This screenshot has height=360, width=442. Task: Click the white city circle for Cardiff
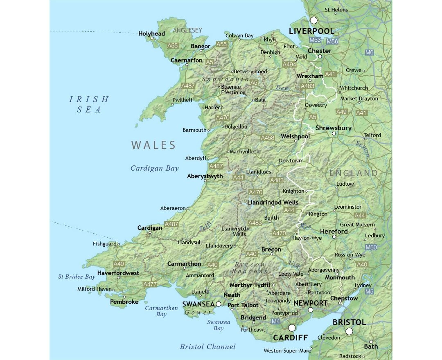pyautogui.click(x=292, y=328)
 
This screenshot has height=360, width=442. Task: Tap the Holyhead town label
pyautogui.click(x=151, y=34)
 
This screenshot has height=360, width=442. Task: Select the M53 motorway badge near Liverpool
pyautogui.click(x=315, y=40)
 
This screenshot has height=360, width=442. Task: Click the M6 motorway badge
pyautogui.click(x=370, y=52)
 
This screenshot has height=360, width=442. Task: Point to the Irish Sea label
pyautogui.click(x=89, y=104)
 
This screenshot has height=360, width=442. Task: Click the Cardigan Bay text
pyautogui.click(x=154, y=168)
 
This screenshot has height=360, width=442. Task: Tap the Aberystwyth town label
pyautogui.click(x=205, y=176)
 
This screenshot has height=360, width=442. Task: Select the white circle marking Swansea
pyautogui.click(x=219, y=304)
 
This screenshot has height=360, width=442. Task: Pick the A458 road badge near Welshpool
pyautogui.click(x=268, y=138)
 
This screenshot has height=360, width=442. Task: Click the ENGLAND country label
pyautogui.click(x=354, y=173)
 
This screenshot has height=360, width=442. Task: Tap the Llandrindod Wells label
pyautogui.click(x=273, y=202)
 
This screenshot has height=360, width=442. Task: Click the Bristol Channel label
pyautogui.click(x=207, y=346)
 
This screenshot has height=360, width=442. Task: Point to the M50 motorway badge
pyautogui.click(x=371, y=248)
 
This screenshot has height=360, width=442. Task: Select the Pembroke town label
pyautogui.click(x=124, y=302)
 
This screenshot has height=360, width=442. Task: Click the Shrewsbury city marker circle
pyautogui.click(x=334, y=133)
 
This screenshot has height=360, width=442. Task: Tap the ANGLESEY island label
pyautogui.click(x=187, y=30)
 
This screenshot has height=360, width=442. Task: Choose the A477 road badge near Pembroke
pyautogui.click(x=150, y=284)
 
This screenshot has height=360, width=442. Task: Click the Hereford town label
pyautogui.click(x=334, y=232)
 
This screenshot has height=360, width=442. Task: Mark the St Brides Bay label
pyautogui.click(x=76, y=277)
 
